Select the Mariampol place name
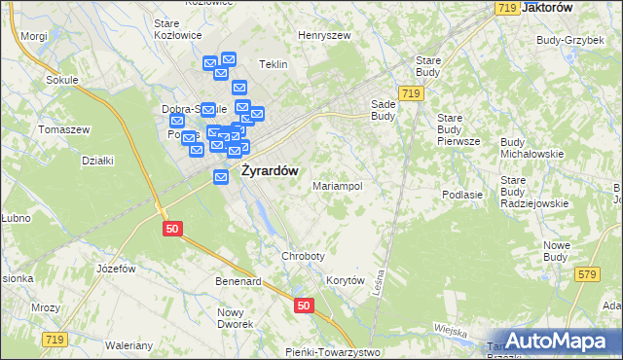337,186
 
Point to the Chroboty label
302,256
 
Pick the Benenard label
238,281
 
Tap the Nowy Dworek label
235,317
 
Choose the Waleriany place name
130,345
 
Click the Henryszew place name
324,35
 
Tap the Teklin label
274,64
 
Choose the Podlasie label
462,194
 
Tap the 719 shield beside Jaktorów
505,8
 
